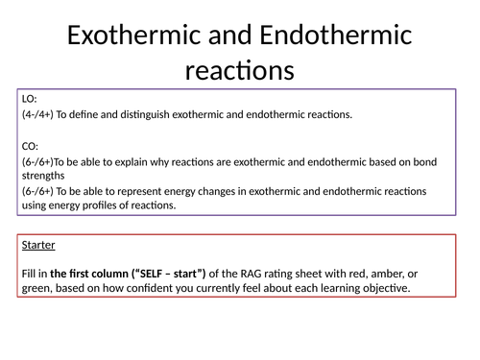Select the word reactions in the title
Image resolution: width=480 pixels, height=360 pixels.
(240, 72)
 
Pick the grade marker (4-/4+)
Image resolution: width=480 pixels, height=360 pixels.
(42, 115)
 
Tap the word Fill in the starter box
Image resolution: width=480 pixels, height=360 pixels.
(28, 274)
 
